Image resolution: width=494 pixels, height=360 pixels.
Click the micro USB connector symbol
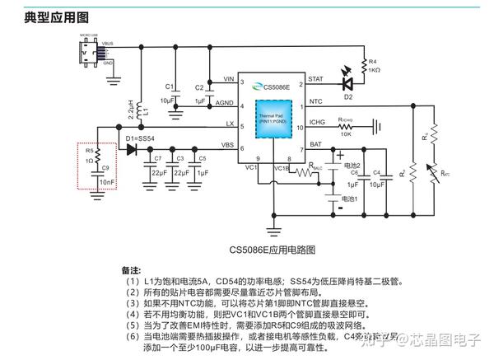[x=86, y=50]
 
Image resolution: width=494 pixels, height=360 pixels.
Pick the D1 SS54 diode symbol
[x=131, y=148]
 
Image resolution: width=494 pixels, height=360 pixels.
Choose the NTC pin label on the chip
[x=315, y=102]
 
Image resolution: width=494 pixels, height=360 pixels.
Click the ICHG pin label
[x=317, y=124]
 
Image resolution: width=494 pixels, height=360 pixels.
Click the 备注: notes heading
[x=131, y=269]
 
